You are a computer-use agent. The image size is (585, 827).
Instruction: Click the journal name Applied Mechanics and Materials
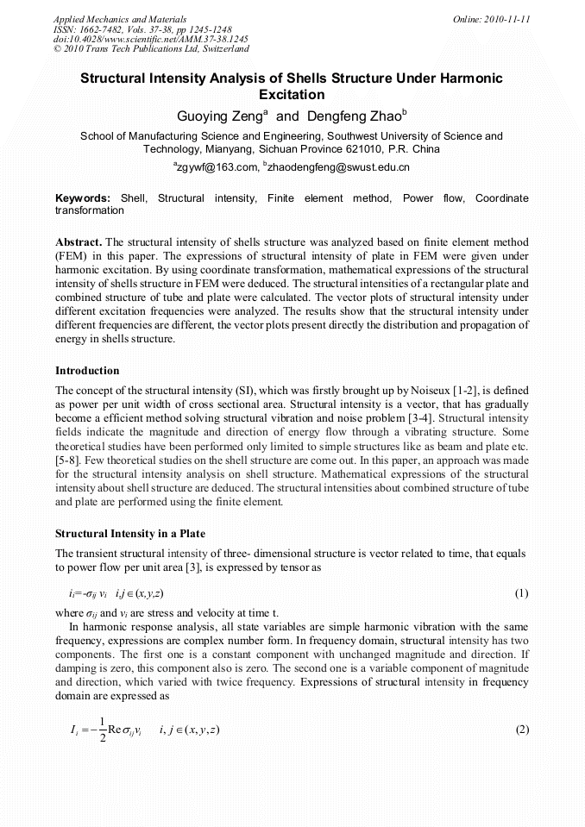click(x=119, y=18)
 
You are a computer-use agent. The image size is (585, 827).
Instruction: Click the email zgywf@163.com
click(x=217, y=166)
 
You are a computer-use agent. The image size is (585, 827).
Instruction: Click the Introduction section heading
click(x=87, y=371)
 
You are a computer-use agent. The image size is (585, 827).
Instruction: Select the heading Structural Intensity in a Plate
click(x=129, y=534)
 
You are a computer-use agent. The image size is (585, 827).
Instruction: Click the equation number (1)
click(x=521, y=594)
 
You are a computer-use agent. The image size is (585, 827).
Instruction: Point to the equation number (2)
click(x=521, y=730)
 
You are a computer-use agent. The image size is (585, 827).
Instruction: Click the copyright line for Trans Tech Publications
click(x=151, y=49)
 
